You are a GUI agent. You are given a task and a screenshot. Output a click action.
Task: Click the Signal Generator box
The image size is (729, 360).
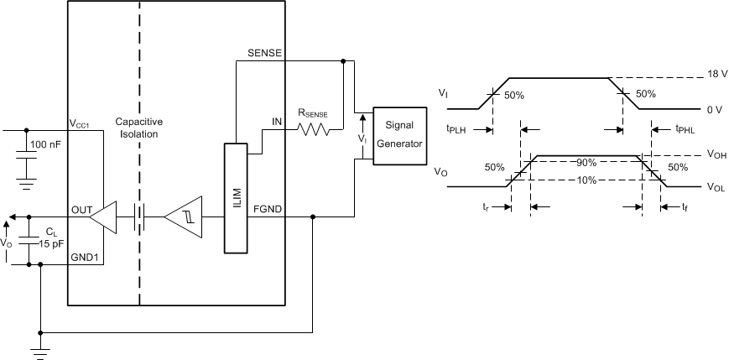click(399, 134)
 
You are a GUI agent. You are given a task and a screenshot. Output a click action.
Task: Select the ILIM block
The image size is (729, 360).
click(236, 197)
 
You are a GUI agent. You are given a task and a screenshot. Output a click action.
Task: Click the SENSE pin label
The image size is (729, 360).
click(265, 52)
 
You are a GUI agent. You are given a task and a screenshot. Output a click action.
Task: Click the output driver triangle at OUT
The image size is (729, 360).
click(104, 218)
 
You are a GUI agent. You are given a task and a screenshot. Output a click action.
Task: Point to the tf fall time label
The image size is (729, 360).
click(685, 206)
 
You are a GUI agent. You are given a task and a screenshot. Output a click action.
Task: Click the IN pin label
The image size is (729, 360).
click(276, 123)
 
